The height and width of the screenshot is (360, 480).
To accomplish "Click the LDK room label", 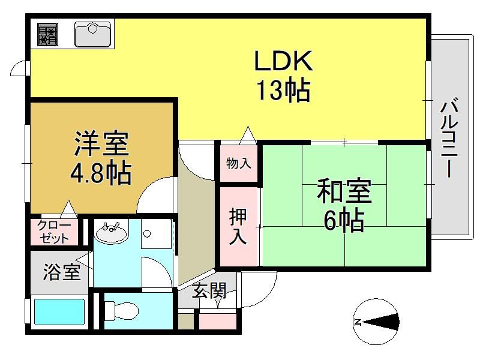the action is coord(283,61).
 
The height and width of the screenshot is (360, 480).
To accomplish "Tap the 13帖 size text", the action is coord(283,91).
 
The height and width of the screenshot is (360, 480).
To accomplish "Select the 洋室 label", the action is coord(101,143).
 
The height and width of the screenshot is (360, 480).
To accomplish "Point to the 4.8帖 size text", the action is coord(101,173).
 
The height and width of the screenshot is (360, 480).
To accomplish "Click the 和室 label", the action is coord(344,191).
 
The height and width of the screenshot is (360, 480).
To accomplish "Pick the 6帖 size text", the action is coord(344,220).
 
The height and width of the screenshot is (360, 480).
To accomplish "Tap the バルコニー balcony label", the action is coord(449,137).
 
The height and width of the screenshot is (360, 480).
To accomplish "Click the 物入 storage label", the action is coord(239,163).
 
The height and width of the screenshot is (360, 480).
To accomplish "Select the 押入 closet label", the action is coord(238,226).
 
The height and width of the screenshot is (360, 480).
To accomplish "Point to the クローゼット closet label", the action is coord(54,232).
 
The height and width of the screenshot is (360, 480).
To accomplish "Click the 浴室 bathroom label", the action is coord(62,272).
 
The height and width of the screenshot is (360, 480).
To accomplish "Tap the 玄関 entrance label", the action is coord(209,290).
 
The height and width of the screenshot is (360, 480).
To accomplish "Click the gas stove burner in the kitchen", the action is coord(48,34).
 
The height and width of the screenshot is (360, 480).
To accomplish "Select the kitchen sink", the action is coord(93,34).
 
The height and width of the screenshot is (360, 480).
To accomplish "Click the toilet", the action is coord(121,311).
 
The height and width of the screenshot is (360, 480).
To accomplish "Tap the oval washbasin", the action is coord(112,233).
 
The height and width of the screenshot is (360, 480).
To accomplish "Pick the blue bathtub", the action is coord(59,311).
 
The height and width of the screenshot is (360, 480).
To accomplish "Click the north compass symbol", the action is coord(376,322).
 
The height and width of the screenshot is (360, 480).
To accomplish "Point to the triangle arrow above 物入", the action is coord(248,136).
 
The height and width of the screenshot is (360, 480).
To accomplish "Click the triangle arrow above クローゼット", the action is coord(68,209).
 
